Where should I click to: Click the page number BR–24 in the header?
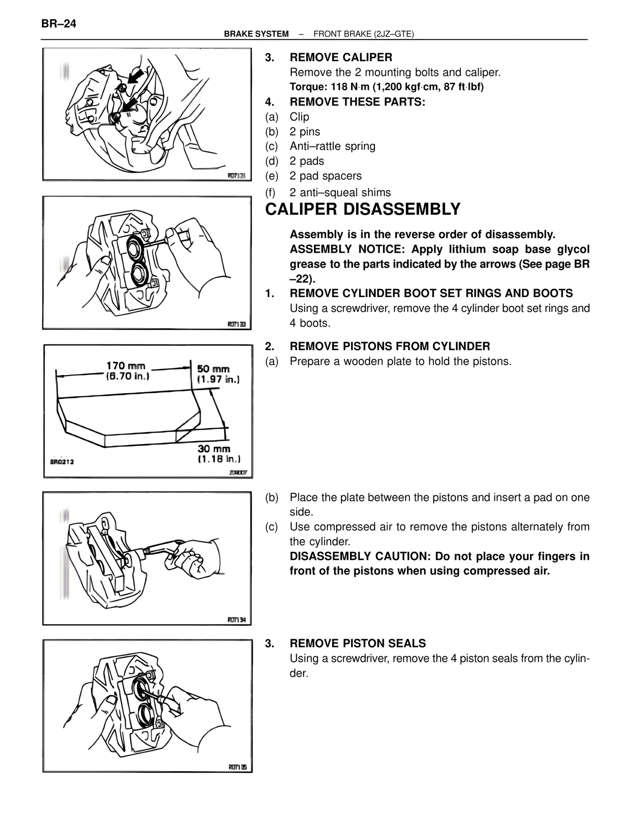(x=59, y=24)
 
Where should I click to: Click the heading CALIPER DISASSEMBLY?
(x=362, y=209)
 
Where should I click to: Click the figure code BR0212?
(x=62, y=462)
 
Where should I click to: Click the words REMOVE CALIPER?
(x=341, y=58)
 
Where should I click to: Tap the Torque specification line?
(x=386, y=87)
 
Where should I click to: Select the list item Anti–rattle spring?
(x=332, y=146)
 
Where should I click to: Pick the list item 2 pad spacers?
(x=325, y=176)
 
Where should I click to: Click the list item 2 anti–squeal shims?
(x=340, y=193)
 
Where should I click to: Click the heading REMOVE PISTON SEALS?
(x=357, y=643)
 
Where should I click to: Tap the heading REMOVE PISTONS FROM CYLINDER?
(x=389, y=346)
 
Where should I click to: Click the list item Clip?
(x=299, y=117)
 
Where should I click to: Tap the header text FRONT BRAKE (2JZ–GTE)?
(x=363, y=34)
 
